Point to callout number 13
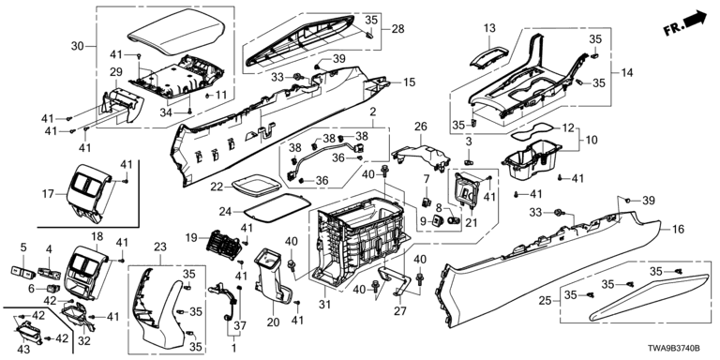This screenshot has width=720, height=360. pyautogui.click(x=489, y=28)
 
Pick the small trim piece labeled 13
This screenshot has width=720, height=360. pyautogui.click(x=487, y=58)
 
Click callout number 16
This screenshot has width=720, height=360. pyautogui.click(x=677, y=229)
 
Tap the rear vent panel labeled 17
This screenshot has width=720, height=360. pyautogui.click(x=90, y=191)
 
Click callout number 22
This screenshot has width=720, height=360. pyautogui.click(x=217, y=187)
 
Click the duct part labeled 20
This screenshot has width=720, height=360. pyautogui.click(x=274, y=277)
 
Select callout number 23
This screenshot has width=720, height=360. pyautogui.click(x=160, y=247)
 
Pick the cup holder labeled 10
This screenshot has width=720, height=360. pyautogui.click(x=532, y=160)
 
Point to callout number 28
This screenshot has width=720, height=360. pyautogui.click(x=398, y=29)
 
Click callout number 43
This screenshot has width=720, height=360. pyautogui.click(x=22, y=350)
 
